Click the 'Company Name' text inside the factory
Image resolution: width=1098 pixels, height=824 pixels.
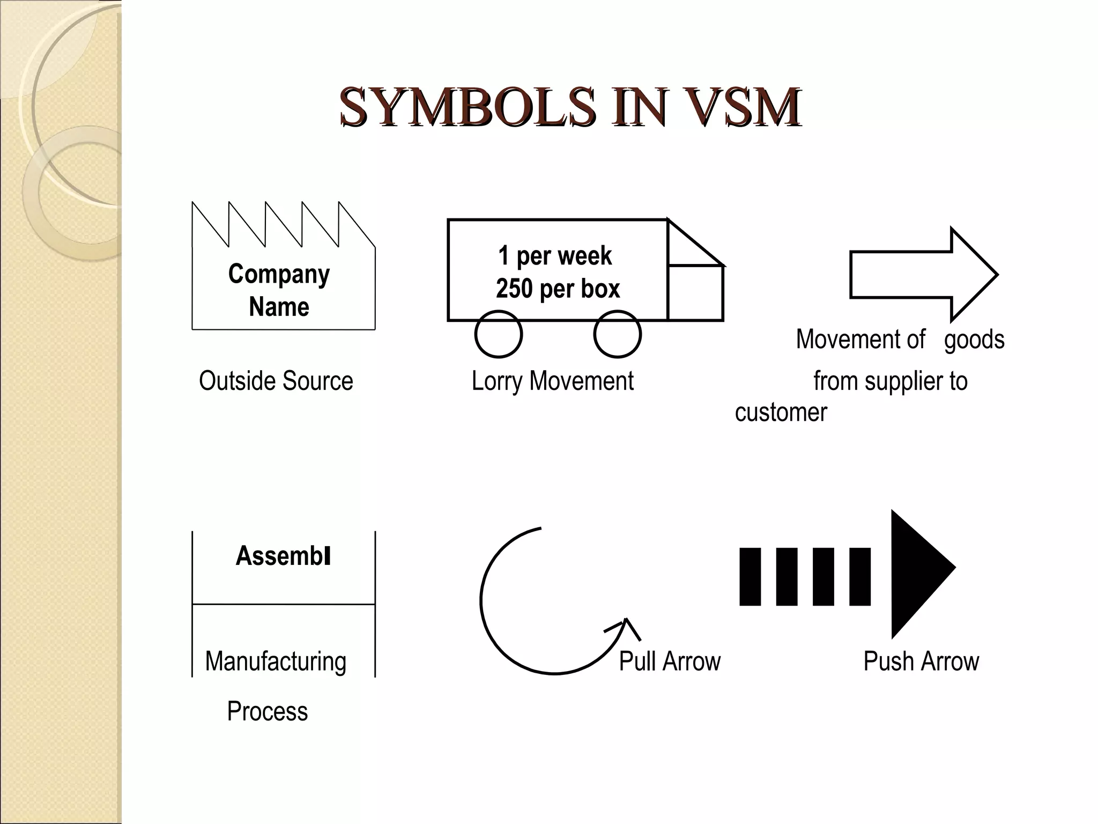pyautogui.click(x=279, y=290)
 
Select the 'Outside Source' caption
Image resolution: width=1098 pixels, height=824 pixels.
pyautogui.click(x=276, y=381)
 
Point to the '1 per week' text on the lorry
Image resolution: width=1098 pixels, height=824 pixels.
pyautogui.click(x=555, y=255)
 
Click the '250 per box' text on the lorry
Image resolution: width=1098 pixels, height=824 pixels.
pyautogui.click(x=558, y=289)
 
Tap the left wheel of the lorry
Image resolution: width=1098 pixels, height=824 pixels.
pyautogui.click(x=498, y=334)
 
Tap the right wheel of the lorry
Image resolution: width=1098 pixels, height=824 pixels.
pyautogui.click(x=617, y=334)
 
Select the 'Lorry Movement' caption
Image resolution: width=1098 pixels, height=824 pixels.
pyautogui.click(x=552, y=381)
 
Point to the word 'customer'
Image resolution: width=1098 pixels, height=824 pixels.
pyautogui.click(x=781, y=413)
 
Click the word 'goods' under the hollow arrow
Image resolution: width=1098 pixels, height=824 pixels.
pyautogui.click(x=974, y=340)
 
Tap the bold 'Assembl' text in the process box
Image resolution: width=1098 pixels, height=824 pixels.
pyautogui.click(x=283, y=556)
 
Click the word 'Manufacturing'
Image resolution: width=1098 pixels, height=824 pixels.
pyautogui.click(x=276, y=661)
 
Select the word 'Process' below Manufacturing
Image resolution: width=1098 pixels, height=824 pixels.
pyautogui.click(x=267, y=711)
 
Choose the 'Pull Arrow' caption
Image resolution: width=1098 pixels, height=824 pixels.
pyautogui.click(x=669, y=661)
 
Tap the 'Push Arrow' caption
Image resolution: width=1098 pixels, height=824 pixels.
pyautogui.click(x=921, y=661)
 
